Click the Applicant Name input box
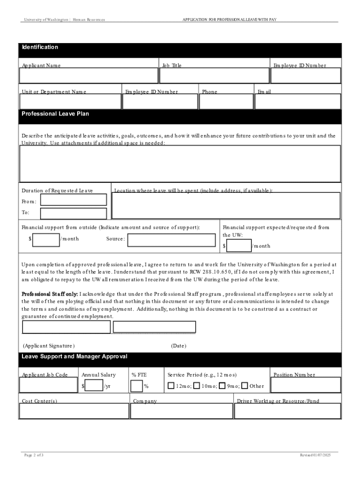(89, 76)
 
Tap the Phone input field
(226, 102)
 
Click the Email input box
(298, 102)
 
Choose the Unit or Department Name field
(70, 102)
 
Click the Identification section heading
(40, 47)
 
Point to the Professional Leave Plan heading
(55, 114)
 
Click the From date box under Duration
(73, 200)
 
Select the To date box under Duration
(73, 214)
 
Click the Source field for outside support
(172, 240)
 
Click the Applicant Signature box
(65, 327)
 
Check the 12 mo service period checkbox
(172, 386)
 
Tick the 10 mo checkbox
(197, 386)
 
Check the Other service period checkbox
(245, 386)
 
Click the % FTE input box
(137, 386)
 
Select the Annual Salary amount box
(94, 386)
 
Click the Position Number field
(306, 385)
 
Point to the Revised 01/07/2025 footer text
(315, 455)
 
